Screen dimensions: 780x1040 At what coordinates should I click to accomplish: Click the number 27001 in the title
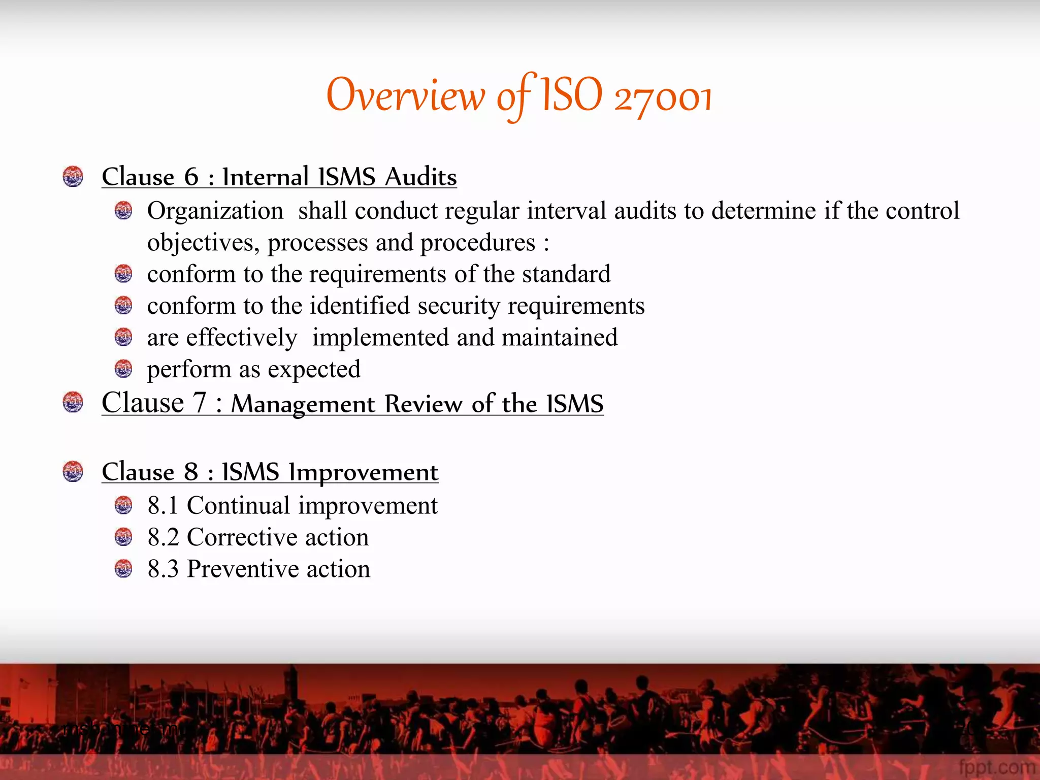[x=663, y=97]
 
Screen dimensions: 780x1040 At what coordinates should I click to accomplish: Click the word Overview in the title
[x=405, y=95]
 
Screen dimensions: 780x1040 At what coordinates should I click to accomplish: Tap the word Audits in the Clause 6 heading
[x=420, y=177]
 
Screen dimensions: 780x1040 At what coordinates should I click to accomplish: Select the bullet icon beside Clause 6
[x=73, y=177]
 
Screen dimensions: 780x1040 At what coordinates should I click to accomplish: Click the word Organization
[x=215, y=211]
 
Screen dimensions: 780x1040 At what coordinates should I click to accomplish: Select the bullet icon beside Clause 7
[x=73, y=402]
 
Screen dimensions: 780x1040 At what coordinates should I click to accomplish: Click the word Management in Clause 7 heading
[x=303, y=404]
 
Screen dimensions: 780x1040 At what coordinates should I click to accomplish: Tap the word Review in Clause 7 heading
[x=424, y=404]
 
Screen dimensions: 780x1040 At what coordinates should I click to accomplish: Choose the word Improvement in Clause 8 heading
[x=363, y=472]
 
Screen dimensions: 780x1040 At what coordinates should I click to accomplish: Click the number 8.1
[x=162, y=506]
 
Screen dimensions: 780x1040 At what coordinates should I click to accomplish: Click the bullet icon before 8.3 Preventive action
[x=123, y=569]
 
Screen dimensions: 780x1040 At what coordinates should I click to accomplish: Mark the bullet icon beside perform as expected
[x=123, y=369]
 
